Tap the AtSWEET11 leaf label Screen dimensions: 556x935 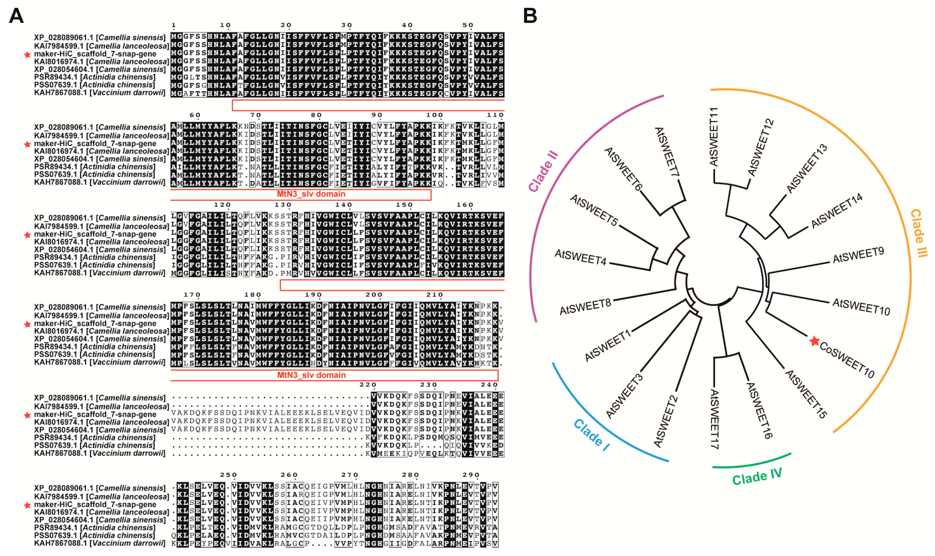[714, 137]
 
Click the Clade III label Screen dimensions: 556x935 [919, 233]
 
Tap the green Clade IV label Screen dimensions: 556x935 [757, 477]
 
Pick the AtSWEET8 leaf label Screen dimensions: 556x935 [585, 307]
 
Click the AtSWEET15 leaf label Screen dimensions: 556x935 [806, 394]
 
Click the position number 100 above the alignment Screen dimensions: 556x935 [434, 115]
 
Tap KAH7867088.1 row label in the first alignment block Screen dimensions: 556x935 [99, 93]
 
